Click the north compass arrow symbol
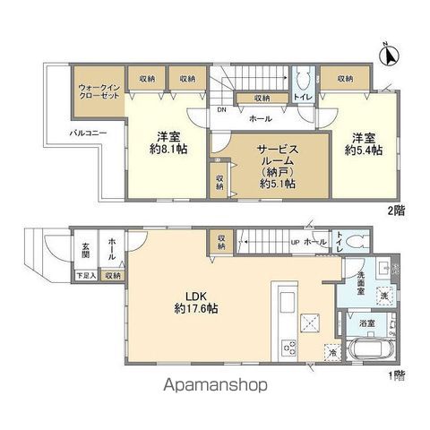point(390,56)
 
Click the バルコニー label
point(90,133)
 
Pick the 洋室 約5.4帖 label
point(365,144)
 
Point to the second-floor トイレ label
point(303,98)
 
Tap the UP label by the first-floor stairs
point(296,242)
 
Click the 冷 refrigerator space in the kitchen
point(332,352)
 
